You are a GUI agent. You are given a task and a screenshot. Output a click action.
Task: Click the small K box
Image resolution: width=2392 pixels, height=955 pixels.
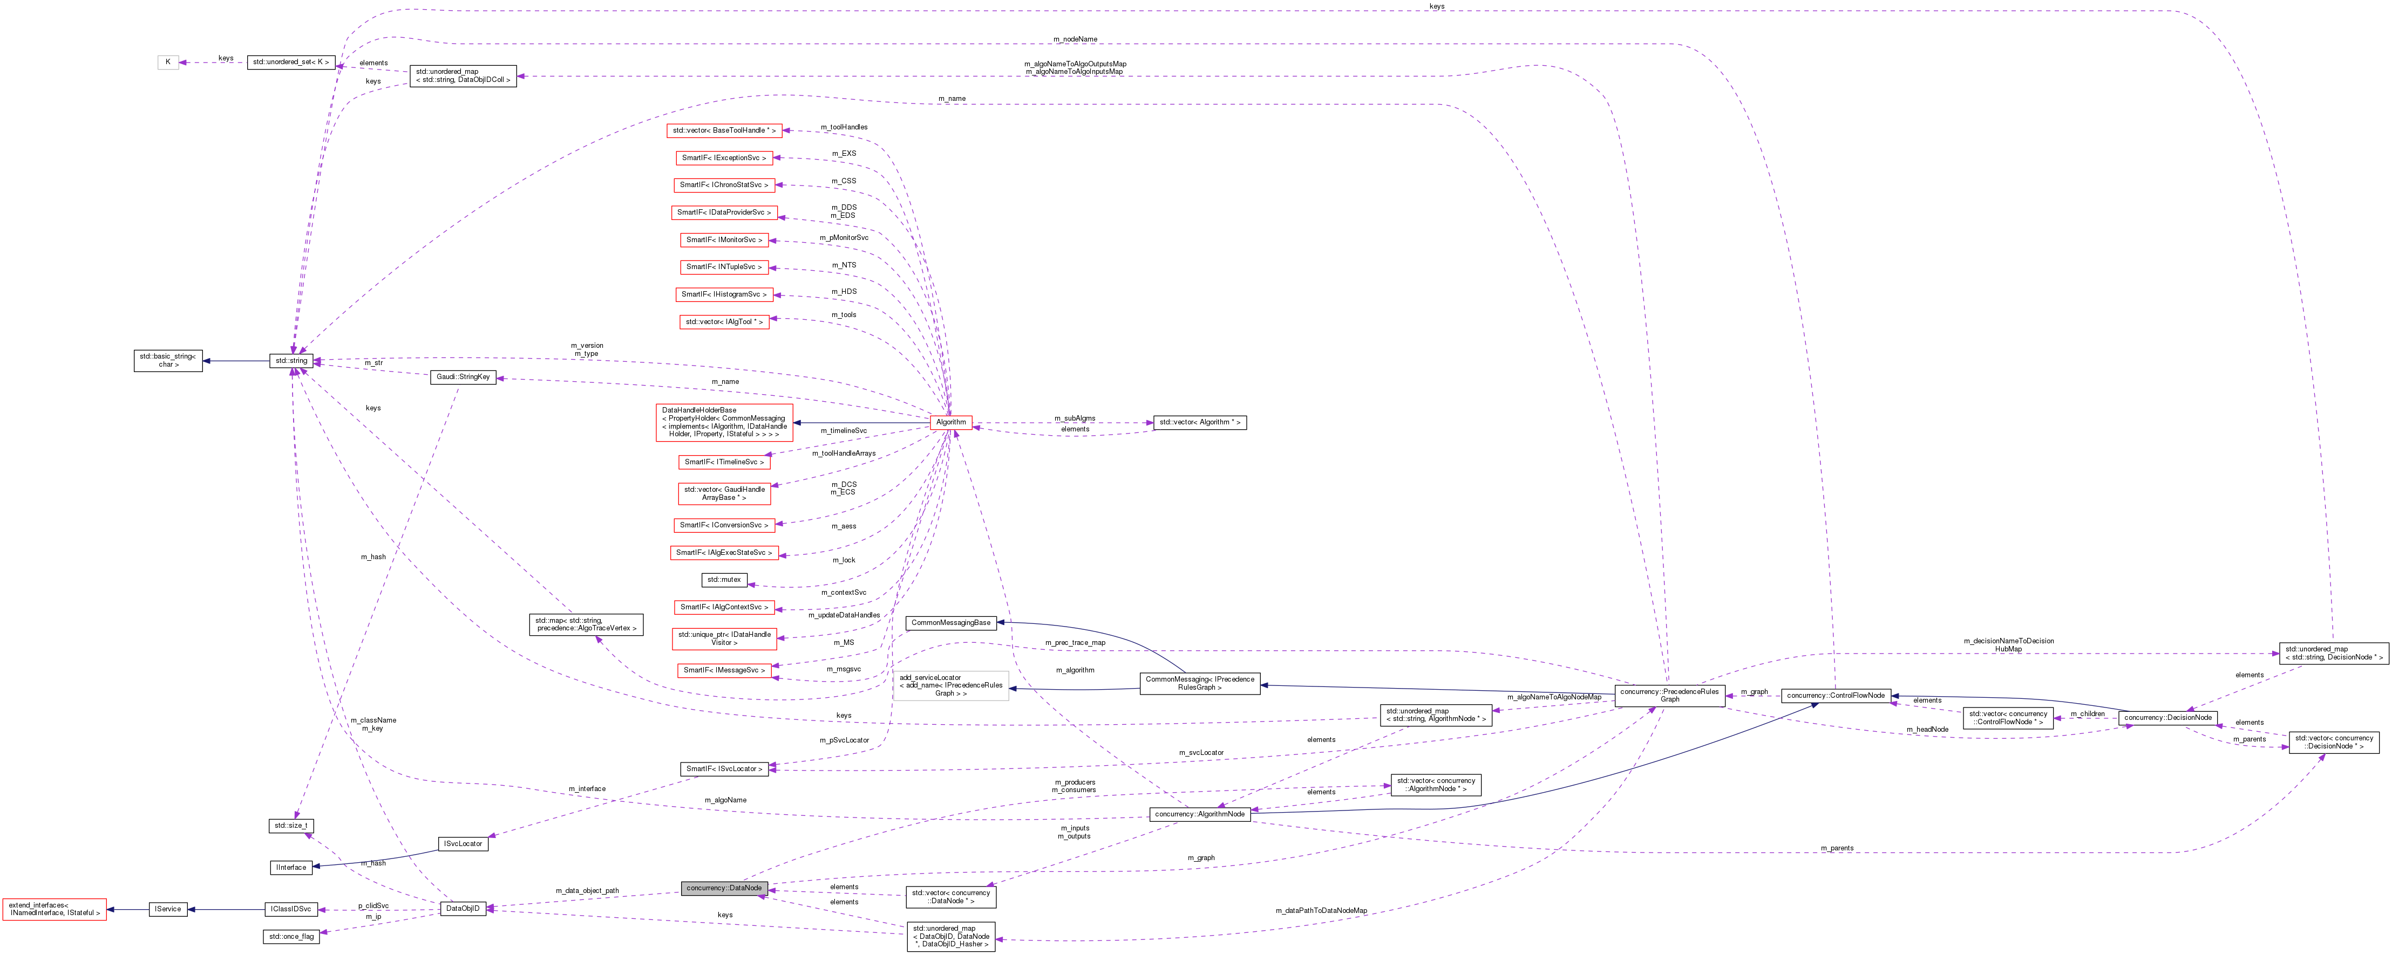click(x=168, y=62)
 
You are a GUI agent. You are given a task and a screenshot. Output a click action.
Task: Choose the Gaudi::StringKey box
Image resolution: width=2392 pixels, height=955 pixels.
click(x=464, y=377)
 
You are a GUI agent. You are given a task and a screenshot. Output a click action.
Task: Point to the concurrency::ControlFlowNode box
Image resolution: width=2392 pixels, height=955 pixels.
click(x=1836, y=695)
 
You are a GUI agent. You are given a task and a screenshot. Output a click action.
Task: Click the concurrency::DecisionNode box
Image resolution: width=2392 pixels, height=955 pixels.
click(x=2168, y=717)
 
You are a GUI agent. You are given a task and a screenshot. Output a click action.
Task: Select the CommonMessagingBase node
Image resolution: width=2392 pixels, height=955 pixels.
click(x=951, y=623)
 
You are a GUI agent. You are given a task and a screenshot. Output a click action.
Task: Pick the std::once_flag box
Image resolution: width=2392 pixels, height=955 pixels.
click(x=291, y=937)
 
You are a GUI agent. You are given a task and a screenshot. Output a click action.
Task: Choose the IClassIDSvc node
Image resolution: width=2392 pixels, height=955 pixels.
click(x=291, y=910)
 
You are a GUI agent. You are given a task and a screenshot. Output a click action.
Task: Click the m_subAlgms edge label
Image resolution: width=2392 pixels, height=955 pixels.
click(x=1075, y=418)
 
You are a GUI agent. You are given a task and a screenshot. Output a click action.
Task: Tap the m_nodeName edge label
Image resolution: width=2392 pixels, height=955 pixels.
click(x=1075, y=39)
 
